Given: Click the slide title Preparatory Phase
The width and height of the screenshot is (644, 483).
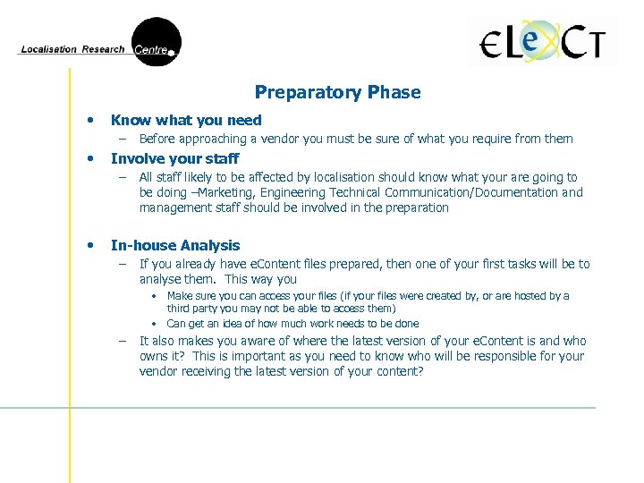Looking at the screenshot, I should [337, 92].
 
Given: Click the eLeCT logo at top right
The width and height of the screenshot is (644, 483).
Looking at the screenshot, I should [543, 43].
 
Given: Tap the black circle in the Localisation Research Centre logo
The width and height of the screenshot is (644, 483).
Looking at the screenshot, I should [156, 42].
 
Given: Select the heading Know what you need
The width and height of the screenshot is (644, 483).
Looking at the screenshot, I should [186, 120].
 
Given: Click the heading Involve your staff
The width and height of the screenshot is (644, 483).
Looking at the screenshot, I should [174, 158].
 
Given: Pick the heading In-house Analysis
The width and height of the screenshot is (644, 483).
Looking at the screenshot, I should [175, 245].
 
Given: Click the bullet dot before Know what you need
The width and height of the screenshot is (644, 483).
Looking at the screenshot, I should [89, 120].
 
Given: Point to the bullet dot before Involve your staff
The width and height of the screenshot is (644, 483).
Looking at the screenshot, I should [89, 158].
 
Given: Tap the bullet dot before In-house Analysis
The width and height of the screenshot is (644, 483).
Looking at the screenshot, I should [89, 245].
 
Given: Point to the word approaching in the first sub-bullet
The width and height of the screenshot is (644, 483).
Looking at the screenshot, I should [210, 139].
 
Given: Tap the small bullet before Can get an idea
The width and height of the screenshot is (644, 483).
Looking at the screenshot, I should [154, 324].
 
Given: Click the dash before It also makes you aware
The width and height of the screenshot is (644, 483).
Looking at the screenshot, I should [123, 341].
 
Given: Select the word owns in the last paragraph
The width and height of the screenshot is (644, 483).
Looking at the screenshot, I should [155, 356].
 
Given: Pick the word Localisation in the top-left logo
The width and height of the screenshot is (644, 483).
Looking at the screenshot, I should [49, 50].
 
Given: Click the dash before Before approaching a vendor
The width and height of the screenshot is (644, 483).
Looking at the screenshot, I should [123, 139].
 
